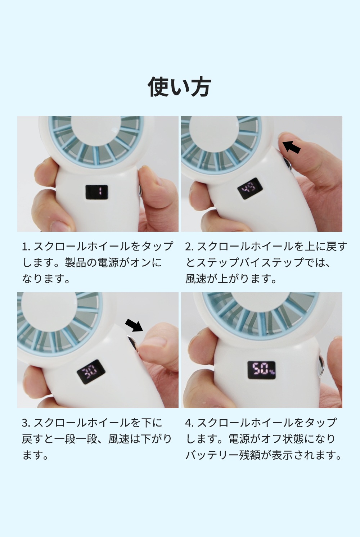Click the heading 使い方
[179, 86]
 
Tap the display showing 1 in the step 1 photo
[96, 192]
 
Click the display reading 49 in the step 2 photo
[249, 188]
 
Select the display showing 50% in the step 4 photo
[261, 370]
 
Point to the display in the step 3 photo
[91, 372]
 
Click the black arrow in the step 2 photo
[291, 147]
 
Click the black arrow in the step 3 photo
[134, 325]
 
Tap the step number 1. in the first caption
[26, 247]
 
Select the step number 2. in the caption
[189, 247]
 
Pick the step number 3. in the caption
[26, 423]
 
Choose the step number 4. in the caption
[189, 423]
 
